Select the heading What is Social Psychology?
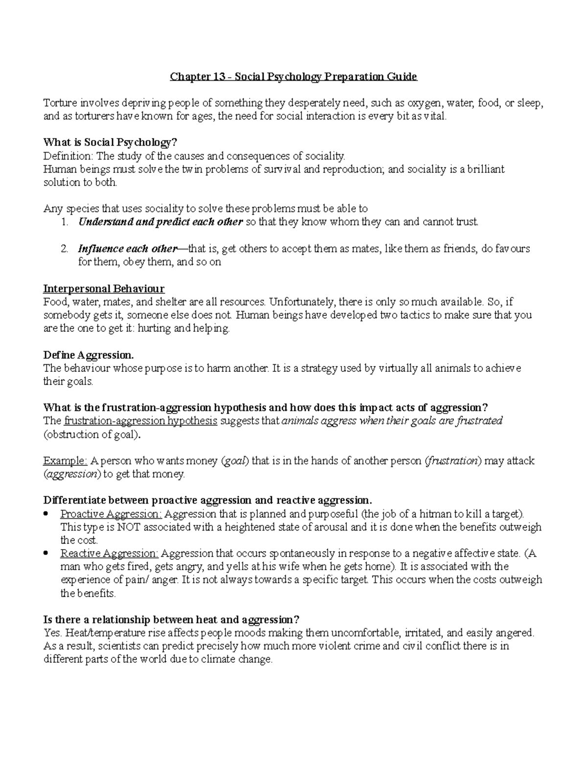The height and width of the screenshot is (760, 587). (x=110, y=143)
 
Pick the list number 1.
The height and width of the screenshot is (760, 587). (x=65, y=222)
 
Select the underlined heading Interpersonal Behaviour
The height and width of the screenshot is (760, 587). (x=104, y=288)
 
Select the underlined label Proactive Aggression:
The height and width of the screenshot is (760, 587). (x=111, y=514)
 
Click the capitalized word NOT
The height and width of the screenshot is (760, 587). (x=129, y=527)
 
